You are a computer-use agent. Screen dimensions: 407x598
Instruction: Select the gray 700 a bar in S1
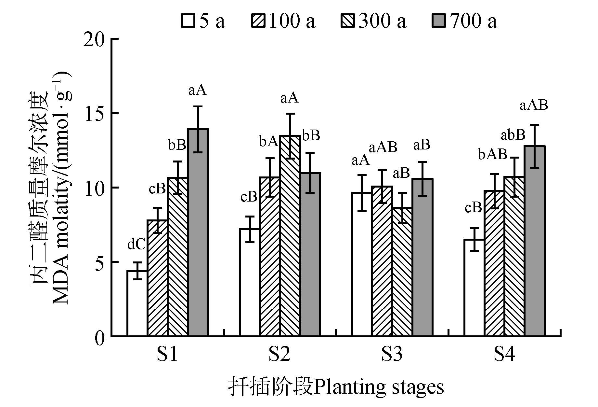pyautogui.click(x=198, y=232)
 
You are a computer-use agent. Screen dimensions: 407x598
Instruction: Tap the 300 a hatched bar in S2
pyautogui.click(x=290, y=236)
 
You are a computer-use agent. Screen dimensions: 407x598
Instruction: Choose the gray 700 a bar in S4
pyautogui.click(x=535, y=241)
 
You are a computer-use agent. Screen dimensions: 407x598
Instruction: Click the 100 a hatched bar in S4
pyautogui.click(x=494, y=263)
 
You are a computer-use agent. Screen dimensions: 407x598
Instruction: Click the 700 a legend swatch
pyautogui.click(x=440, y=21)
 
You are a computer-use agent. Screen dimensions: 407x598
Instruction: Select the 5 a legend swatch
pyautogui.click(x=188, y=21)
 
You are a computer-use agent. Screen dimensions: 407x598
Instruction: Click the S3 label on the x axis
pyautogui.click(x=392, y=354)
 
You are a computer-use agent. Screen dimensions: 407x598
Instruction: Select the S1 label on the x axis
pyautogui.click(x=167, y=354)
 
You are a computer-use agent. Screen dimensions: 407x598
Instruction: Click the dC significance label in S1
pyautogui.click(x=136, y=245)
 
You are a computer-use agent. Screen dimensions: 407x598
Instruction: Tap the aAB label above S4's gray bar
pyautogui.click(x=534, y=105)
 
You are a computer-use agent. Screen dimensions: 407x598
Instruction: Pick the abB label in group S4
pyautogui.click(x=513, y=135)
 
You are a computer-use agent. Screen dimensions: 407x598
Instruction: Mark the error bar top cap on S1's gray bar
pyautogui.click(x=198, y=106)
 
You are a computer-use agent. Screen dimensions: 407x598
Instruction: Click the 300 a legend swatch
pyautogui.click(x=348, y=21)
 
